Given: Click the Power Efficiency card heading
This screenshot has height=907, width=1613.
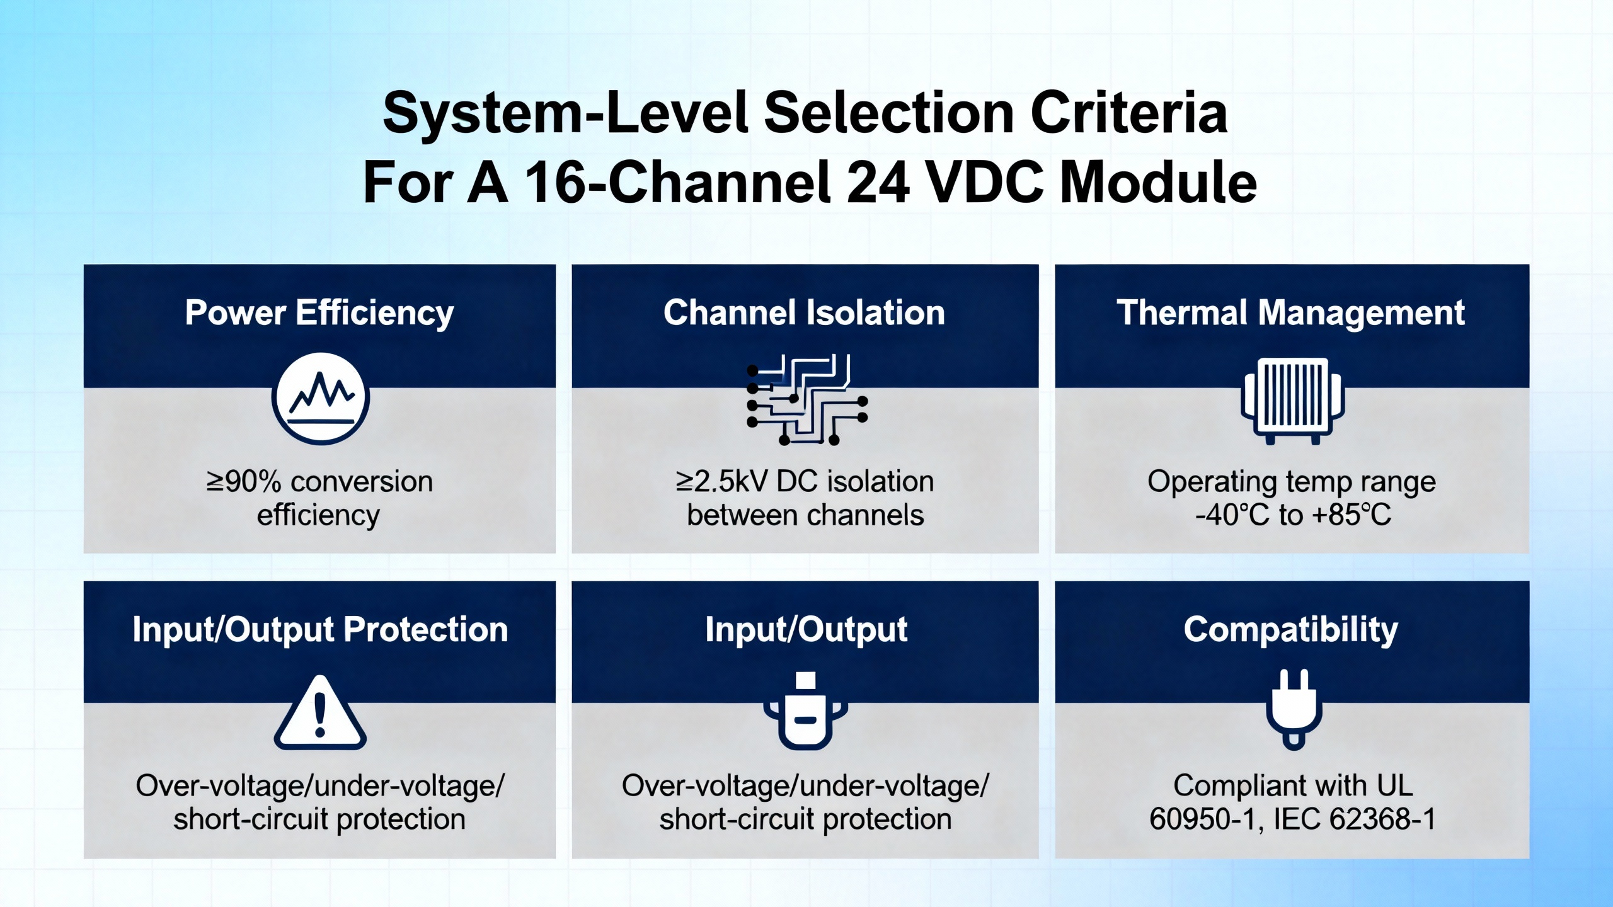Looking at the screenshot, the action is tap(319, 313).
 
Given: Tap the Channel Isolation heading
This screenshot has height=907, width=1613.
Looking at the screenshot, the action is tap(804, 312).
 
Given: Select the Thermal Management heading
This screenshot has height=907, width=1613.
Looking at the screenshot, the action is tap(1291, 313).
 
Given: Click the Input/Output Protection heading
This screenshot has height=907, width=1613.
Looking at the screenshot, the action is tap(320, 630).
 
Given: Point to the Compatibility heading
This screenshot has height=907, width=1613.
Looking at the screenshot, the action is tap(1291, 630).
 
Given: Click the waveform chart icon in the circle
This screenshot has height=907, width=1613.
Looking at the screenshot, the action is tap(321, 398).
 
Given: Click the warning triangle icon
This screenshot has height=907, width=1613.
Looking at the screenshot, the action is tap(320, 712).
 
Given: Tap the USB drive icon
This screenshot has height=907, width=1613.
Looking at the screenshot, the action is tap(806, 710).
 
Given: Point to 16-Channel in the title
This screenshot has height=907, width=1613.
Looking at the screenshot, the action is tap(677, 182).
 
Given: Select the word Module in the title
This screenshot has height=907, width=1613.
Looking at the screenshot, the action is tap(1159, 182).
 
